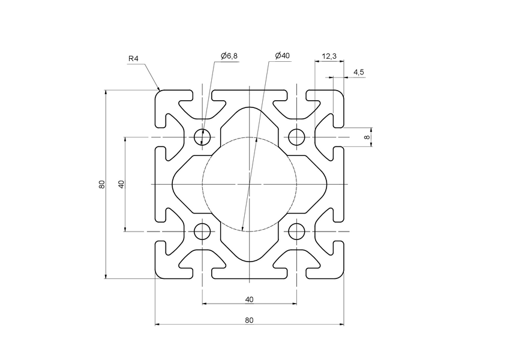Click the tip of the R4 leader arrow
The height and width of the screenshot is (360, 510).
(160, 90)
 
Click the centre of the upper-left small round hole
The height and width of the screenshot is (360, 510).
(202, 137)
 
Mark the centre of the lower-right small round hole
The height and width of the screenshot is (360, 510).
(296, 231)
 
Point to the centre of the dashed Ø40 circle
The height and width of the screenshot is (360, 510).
(250, 184)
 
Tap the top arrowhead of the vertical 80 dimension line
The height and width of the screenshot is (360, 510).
(106, 91)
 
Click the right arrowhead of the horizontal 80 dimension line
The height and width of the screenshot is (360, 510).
(343, 324)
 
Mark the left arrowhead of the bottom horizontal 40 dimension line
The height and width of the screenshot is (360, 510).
(203, 304)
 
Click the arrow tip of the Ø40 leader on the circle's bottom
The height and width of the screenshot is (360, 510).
(242, 231)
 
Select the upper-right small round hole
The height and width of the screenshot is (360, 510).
(296, 137)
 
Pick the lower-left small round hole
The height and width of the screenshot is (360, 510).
(202, 231)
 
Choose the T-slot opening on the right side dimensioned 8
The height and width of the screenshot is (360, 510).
(339, 137)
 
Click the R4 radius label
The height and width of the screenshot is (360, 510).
(133, 59)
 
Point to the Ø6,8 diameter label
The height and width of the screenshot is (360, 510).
(229, 56)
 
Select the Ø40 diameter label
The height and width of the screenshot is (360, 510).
(282, 56)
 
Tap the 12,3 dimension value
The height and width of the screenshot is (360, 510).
(329, 56)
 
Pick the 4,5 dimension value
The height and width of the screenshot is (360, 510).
(358, 72)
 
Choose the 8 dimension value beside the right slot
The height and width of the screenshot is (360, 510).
(367, 137)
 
